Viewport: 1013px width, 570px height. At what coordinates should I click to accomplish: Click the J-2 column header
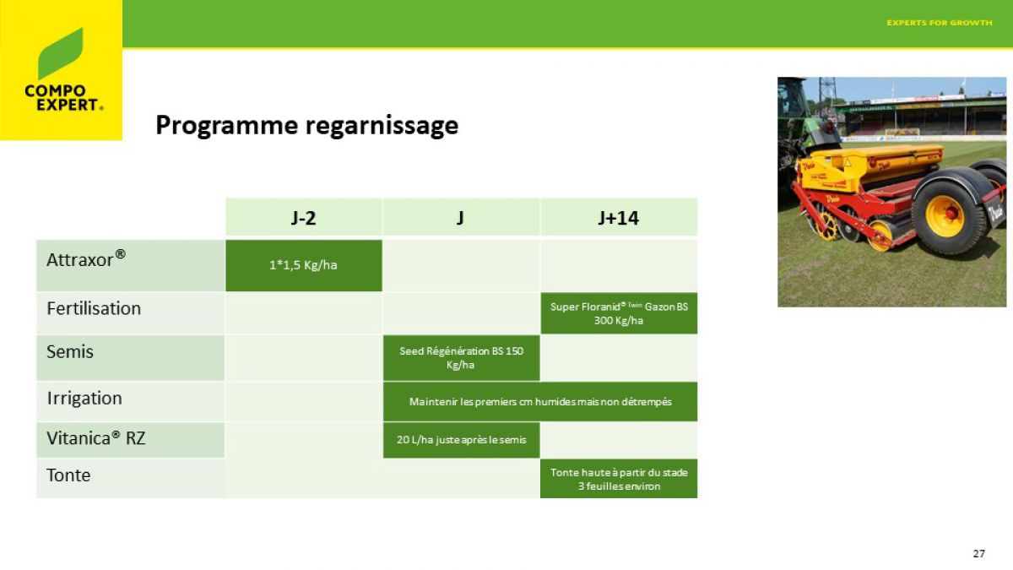click(x=303, y=218)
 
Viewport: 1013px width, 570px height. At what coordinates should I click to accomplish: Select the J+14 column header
click(x=619, y=218)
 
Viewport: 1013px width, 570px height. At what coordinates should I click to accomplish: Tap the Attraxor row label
click(x=86, y=259)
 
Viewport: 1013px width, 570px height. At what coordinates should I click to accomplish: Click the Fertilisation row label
click(x=94, y=308)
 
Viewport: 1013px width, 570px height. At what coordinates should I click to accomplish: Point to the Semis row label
click(x=69, y=351)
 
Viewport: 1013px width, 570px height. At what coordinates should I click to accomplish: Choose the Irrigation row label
click(x=84, y=399)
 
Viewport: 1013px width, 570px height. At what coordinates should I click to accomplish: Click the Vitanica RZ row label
click(x=96, y=438)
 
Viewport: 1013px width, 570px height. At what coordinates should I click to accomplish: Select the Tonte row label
click(x=68, y=475)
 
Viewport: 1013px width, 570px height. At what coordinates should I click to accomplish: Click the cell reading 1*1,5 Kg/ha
click(x=304, y=265)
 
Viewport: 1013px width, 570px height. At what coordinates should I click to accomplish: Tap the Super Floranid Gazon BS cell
click(x=619, y=313)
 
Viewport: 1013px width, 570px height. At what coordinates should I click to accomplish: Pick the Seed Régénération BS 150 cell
click(x=461, y=358)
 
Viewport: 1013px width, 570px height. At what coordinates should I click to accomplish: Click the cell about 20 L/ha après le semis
click(x=461, y=440)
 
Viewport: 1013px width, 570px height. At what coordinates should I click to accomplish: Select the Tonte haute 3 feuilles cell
click(x=619, y=479)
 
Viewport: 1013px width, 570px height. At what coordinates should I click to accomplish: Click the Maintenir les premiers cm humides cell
click(x=540, y=402)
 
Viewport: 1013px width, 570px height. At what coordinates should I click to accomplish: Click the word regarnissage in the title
click(x=382, y=126)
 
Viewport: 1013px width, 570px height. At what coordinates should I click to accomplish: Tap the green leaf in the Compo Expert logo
click(x=60, y=54)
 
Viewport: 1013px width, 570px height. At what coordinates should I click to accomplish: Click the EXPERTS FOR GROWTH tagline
click(x=940, y=23)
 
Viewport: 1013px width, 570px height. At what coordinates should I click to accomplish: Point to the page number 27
click(x=979, y=553)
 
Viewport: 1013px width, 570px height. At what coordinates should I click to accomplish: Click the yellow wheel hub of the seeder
click(x=945, y=216)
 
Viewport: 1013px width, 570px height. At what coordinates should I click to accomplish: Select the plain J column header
click(x=461, y=218)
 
